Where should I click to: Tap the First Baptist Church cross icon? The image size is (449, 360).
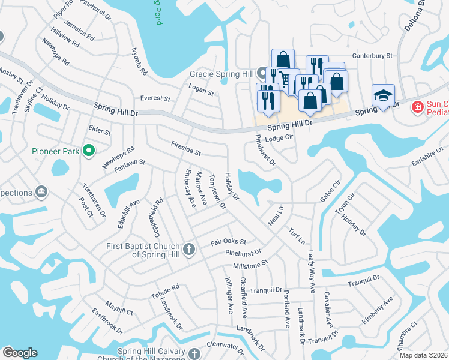point(189,249)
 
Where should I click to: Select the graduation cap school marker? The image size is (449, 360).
point(383,96)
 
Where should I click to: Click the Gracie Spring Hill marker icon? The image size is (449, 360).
point(262,74)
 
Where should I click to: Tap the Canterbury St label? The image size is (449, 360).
point(372,56)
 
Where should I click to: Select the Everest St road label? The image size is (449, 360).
point(155,98)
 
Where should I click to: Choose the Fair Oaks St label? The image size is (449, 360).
point(228,242)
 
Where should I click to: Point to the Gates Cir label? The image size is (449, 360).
point(330,191)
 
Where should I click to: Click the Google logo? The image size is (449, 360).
point(20,353)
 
